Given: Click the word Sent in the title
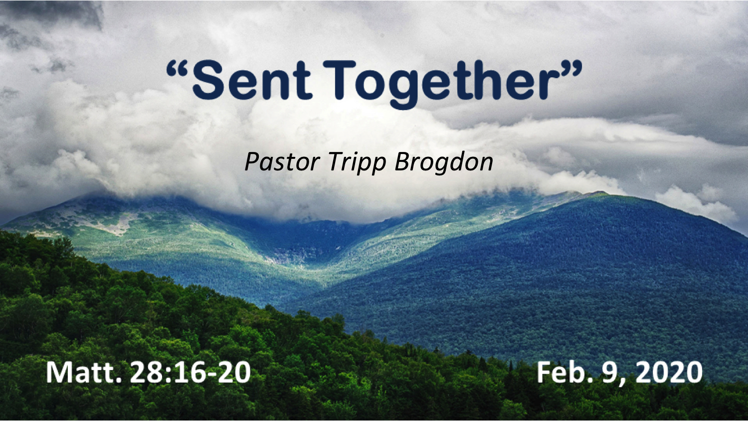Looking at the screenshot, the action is tap(252, 80).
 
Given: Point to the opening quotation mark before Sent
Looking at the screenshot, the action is tap(178, 68).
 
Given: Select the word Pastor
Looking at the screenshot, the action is tap(282, 162).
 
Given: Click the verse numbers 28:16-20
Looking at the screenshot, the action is tap(190, 373).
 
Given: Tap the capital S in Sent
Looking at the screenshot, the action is tap(208, 80).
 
